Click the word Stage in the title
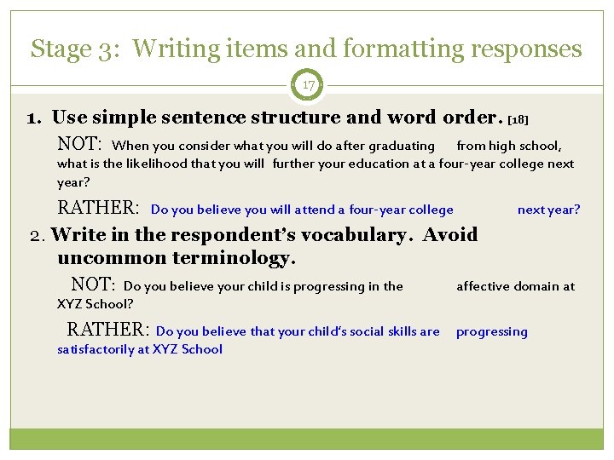click(x=60, y=49)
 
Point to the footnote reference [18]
click(x=524, y=120)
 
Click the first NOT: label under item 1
click(x=79, y=145)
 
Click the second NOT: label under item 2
click(x=93, y=285)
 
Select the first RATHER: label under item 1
click(x=97, y=209)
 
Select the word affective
click(x=484, y=286)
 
